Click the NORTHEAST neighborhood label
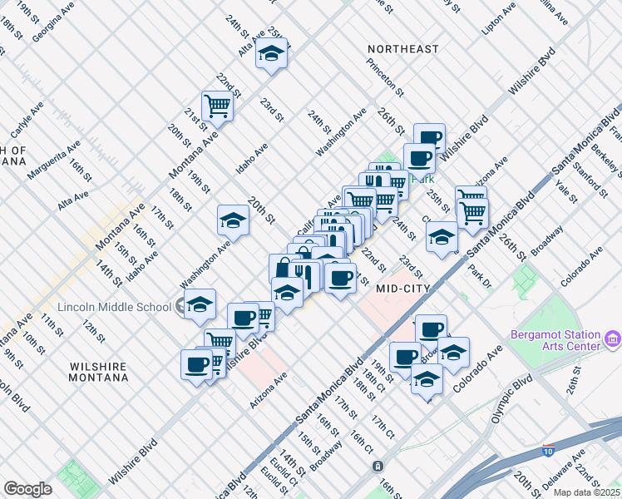(403, 49)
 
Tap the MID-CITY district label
(403, 289)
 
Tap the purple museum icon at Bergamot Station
(613, 338)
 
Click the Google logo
(27, 489)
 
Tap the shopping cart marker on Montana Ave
(217, 106)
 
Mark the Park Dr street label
(476, 279)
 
